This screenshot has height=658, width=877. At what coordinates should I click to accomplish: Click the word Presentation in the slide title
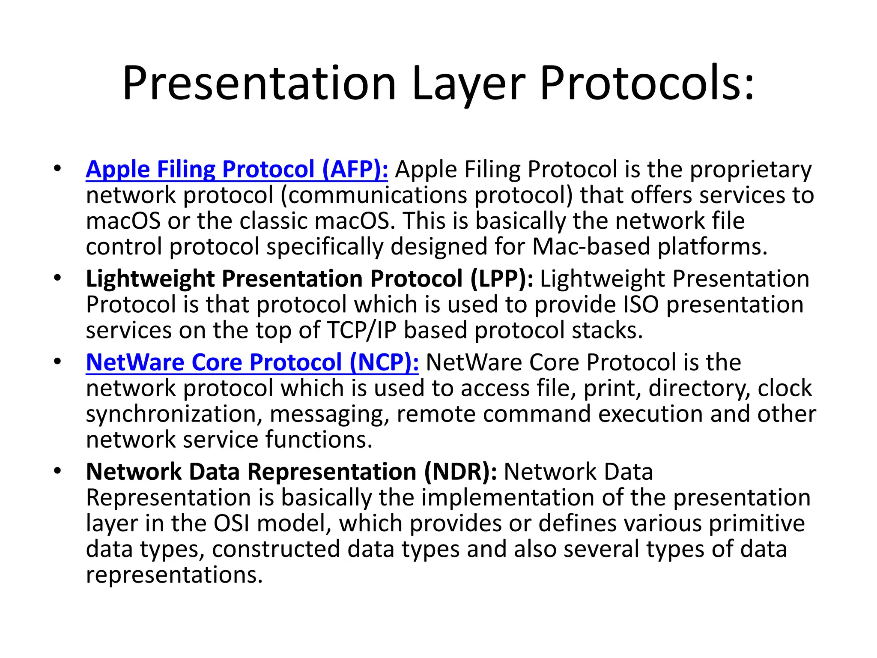tap(260, 84)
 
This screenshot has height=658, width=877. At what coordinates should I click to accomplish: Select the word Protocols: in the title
tap(647, 84)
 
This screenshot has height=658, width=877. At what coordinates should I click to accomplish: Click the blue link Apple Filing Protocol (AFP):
tap(237, 170)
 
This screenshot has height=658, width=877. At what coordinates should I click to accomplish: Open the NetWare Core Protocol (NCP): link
tap(252, 363)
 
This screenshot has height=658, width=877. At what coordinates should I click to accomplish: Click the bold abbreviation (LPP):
tap(501, 279)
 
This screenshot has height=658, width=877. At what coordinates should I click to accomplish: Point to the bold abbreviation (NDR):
tap(460, 472)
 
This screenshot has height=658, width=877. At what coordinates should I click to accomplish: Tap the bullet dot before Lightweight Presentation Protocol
tap(57, 279)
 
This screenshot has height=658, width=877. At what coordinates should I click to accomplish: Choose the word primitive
tap(757, 524)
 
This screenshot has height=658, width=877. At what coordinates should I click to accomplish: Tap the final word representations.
tap(174, 575)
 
